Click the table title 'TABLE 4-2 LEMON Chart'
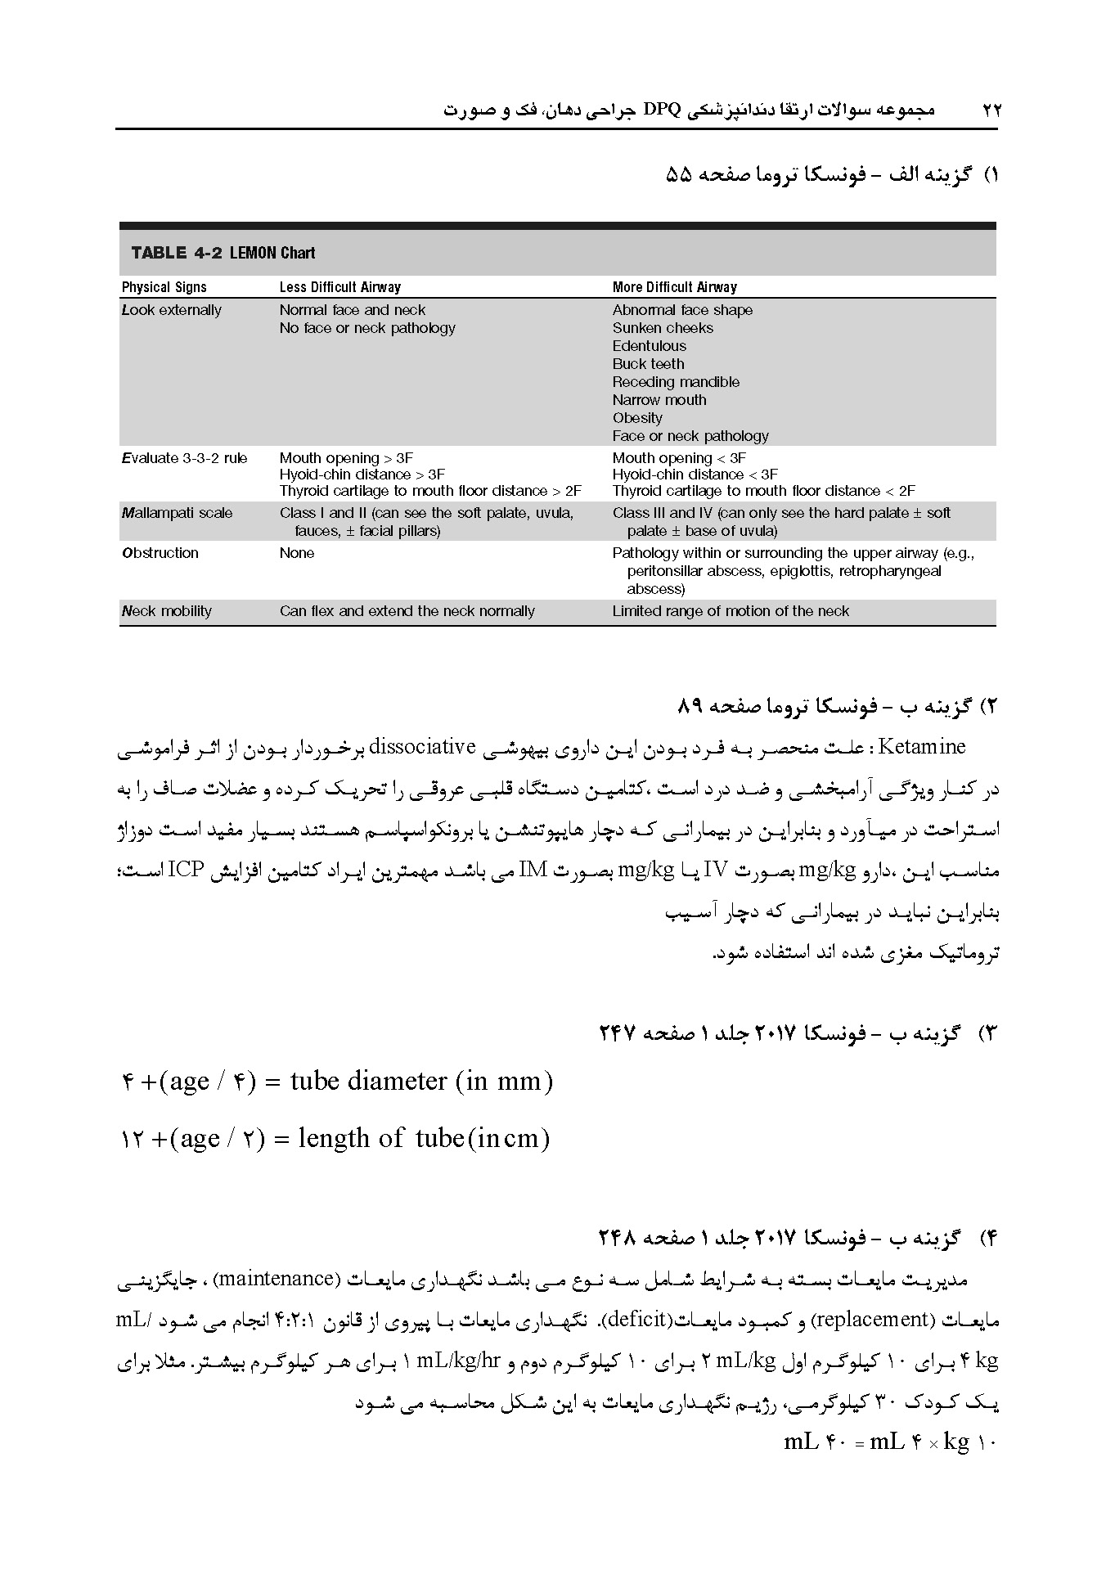(223, 253)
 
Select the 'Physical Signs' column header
(164, 287)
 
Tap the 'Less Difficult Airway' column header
(339, 287)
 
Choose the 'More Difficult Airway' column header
(674, 287)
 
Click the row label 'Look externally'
(171, 310)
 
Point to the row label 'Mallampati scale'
(177, 513)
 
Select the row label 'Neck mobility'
(166, 611)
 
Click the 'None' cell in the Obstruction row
(296, 553)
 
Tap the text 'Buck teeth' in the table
(648, 364)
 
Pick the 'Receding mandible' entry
(676, 382)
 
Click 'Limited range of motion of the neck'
(731, 611)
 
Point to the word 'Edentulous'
(649, 346)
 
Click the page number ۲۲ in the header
(991, 110)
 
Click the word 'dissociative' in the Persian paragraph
(423, 747)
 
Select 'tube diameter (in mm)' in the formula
(421, 1082)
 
